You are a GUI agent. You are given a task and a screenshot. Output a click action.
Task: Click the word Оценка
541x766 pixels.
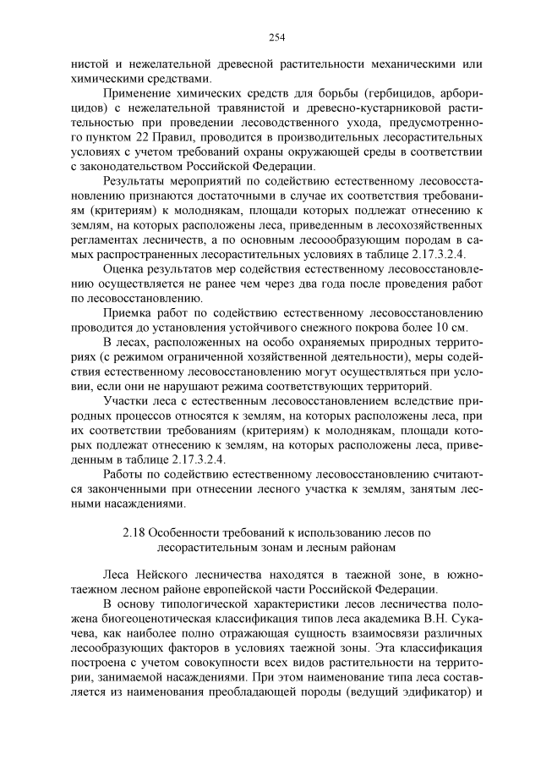pos(125,267)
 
